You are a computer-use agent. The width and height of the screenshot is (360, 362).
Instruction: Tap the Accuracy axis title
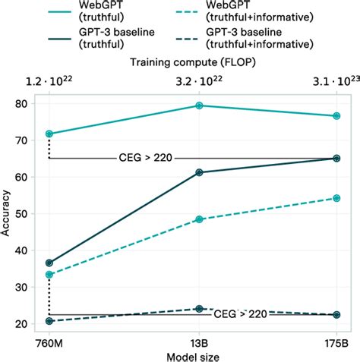tap(8, 215)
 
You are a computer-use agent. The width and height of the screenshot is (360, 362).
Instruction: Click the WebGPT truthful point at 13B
tap(199, 105)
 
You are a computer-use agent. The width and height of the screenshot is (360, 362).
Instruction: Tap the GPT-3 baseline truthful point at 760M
tap(49, 263)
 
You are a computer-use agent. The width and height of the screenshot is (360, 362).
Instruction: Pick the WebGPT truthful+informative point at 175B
tap(336, 198)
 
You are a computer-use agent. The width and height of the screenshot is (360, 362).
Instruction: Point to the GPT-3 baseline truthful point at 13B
tap(199, 172)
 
